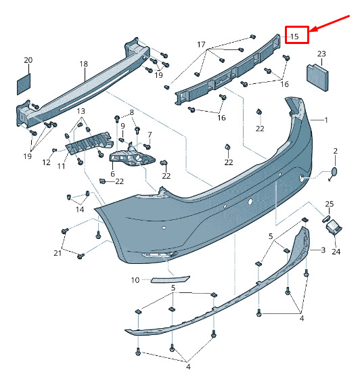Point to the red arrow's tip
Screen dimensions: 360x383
[310, 32]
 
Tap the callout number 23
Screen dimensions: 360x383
[321, 53]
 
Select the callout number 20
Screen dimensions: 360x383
[28, 60]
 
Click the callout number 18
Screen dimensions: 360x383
[83, 64]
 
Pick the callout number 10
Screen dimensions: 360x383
[135, 280]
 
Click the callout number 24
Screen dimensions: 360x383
[336, 252]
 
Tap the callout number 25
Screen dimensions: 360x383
[330, 204]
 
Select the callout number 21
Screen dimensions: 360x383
[58, 253]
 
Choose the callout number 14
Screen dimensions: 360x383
[80, 210]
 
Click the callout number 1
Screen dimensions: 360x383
[326, 120]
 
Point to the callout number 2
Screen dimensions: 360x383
[336, 151]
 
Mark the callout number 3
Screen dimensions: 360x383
[323, 250]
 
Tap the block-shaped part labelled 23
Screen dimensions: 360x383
[317, 77]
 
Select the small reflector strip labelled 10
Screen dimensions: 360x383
[171, 279]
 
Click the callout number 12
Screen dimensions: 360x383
[47, 162]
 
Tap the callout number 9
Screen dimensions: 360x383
[122, 126]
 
